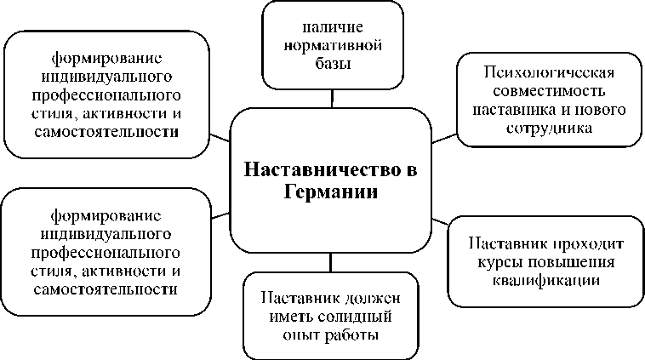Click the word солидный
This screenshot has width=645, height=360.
point(353,317)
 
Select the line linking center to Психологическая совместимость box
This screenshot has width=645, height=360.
point(443,136)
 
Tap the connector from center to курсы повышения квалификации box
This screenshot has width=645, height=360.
point(440,221)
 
